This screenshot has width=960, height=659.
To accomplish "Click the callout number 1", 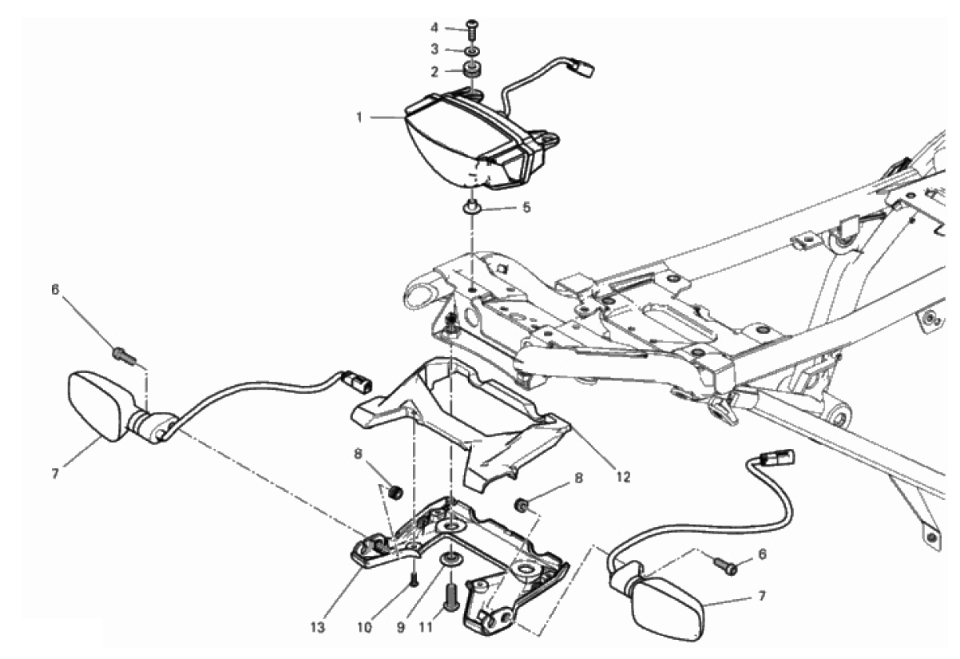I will click(x=360, y=117).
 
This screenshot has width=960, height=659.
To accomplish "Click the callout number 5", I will click(x=526, y=208).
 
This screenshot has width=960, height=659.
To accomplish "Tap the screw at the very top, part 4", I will click(x=473, y=28).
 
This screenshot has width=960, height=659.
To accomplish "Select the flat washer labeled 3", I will click(x=473, y=50).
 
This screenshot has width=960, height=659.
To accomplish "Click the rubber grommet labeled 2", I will click(x=473, y=70).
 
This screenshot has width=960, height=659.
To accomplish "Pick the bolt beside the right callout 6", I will click(x=726, y=566).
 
